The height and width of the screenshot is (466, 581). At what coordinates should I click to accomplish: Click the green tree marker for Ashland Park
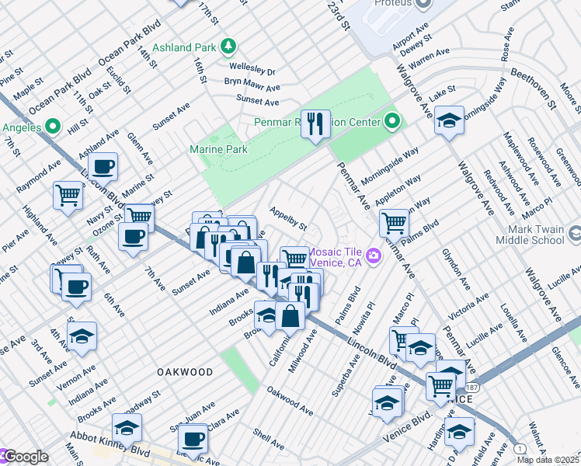point(228,47)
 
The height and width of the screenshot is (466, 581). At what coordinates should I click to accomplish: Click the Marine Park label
point(218,149)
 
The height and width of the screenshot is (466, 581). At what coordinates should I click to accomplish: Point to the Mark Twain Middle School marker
point(574,234)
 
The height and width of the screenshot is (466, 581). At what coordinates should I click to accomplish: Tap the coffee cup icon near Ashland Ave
point(103,166)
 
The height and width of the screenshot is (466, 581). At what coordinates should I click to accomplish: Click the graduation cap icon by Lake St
point(449,120)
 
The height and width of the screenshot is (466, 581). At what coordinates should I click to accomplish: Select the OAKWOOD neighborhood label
point(185,372)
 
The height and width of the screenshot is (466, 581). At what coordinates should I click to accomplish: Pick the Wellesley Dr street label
point(251,70)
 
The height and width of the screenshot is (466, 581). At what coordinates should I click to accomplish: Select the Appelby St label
point(288,217)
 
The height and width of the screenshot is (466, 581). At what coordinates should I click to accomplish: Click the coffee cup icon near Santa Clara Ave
point(195,438)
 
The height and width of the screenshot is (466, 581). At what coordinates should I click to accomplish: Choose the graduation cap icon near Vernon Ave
point(82,336)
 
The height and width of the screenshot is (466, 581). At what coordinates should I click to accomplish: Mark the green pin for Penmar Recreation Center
point(392,122)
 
